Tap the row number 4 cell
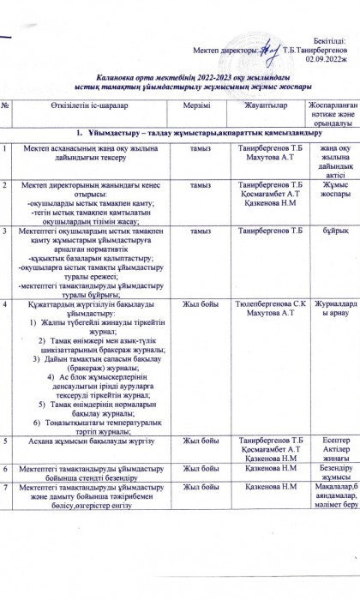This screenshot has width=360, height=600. [6, 304]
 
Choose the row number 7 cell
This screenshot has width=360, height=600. [6, 488]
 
